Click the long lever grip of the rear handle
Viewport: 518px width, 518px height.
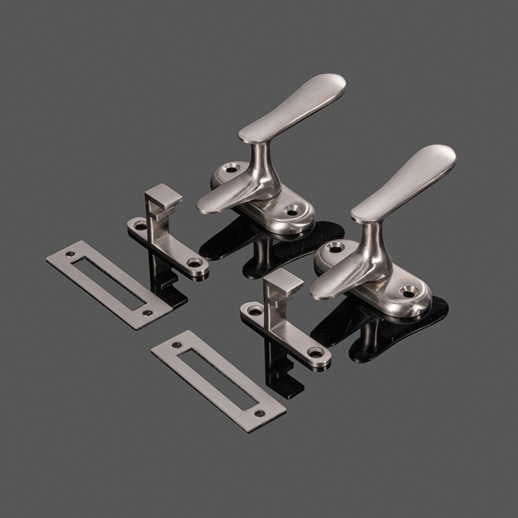click(x=298, y=104)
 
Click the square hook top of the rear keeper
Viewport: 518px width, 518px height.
click(x=163, y=194)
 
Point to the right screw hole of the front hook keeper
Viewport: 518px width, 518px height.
click(x=318, y=353)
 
